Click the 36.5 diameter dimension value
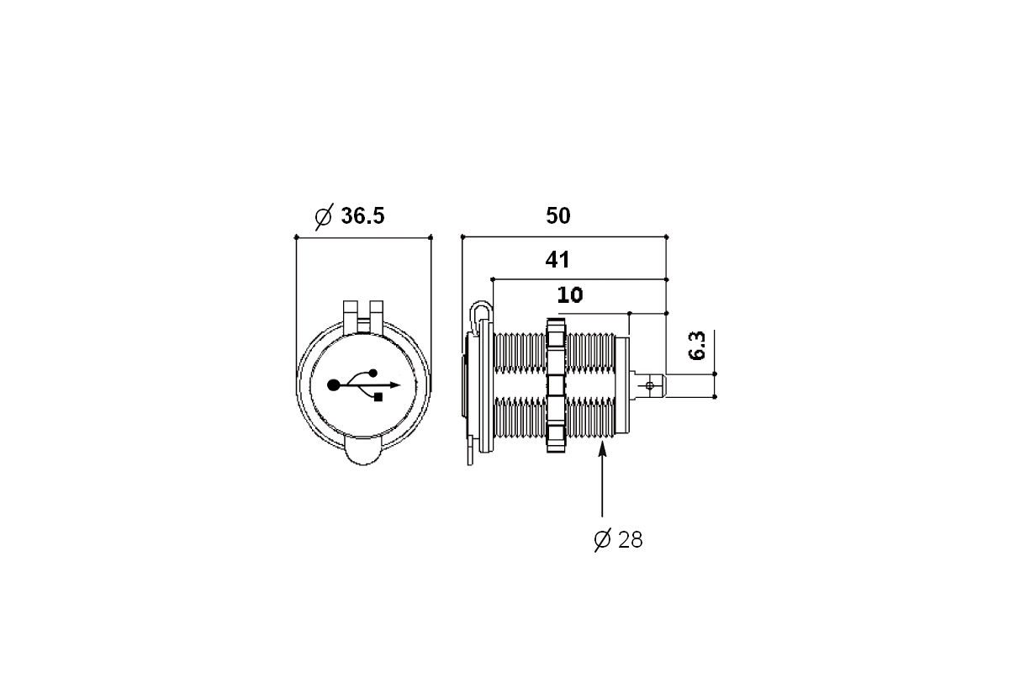pos(362,216)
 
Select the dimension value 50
pos(558,216)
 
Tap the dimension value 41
pos(557,260)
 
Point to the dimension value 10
pos(570,294)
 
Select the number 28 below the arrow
pos(631,539)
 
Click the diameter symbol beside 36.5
pos(324,217)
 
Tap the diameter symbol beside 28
pos(602,539)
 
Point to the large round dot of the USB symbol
pos(333,385)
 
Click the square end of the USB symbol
pos(378,397)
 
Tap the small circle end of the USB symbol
pos(373,373)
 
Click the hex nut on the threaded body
pos(556,385)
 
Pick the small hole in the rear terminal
pos(649,385)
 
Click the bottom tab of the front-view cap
pos(363,450)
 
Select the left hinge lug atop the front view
pos(351,317)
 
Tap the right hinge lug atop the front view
pos(377,317)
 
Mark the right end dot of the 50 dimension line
pos(666,236)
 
